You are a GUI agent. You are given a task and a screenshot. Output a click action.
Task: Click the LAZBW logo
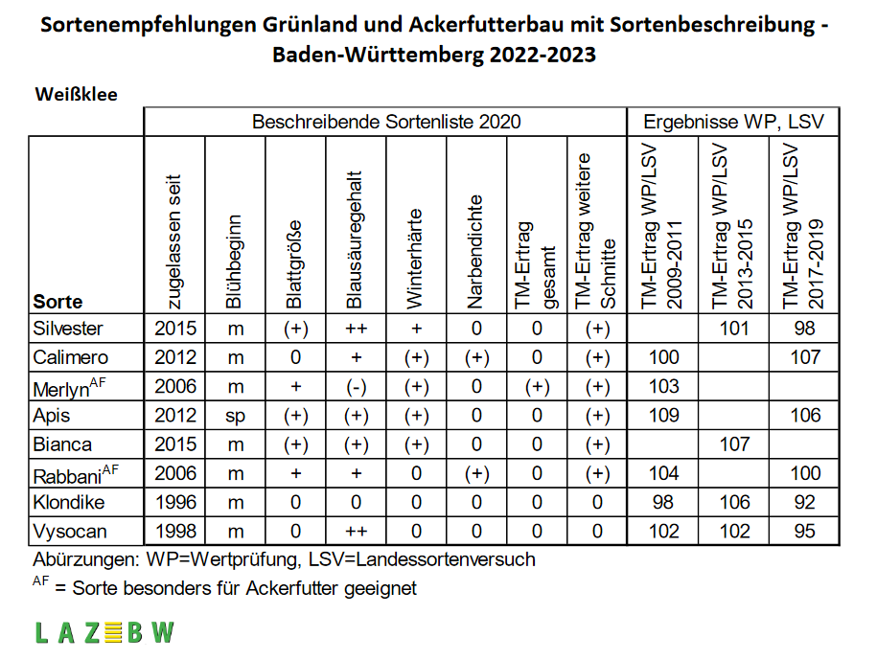pos(104,633)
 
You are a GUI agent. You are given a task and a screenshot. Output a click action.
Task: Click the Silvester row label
pos(68,329)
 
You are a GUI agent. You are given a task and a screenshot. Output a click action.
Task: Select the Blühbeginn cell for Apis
pos(236,417)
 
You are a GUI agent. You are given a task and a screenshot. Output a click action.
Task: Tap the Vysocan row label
pos(70,531)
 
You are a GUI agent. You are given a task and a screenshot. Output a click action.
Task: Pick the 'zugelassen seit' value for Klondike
pos(175,502)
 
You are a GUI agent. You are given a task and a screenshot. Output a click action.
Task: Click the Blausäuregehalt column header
pos(356,239)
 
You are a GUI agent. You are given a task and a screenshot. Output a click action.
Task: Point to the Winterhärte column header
pos(414,259)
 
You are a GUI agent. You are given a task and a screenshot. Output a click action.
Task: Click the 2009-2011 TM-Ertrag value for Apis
pos(663,415)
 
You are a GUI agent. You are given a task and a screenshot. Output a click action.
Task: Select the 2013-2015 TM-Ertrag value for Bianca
pos(734,444)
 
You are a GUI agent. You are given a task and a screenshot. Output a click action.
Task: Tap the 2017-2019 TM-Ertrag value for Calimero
pos(805,357)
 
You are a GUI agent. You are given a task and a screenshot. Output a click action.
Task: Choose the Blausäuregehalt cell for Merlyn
pos(356,387)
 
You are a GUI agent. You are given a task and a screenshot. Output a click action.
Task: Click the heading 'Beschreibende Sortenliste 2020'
pos(386,122)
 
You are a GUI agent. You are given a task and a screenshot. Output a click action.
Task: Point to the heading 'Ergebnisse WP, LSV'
pos(733,122)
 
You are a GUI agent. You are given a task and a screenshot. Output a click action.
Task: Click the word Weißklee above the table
pos(76,94)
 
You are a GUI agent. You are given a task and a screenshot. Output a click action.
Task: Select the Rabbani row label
pos(76,474)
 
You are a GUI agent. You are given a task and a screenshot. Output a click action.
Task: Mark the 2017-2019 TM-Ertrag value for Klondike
pos(805,502)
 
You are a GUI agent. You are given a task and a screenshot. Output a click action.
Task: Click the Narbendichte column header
pos(474,252)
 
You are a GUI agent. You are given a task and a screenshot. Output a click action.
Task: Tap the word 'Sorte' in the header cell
pos(58,302)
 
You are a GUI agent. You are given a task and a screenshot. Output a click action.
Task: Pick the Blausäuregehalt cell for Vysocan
pos(356,531)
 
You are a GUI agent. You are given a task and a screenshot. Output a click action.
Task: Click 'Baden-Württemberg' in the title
pos(378,55)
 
